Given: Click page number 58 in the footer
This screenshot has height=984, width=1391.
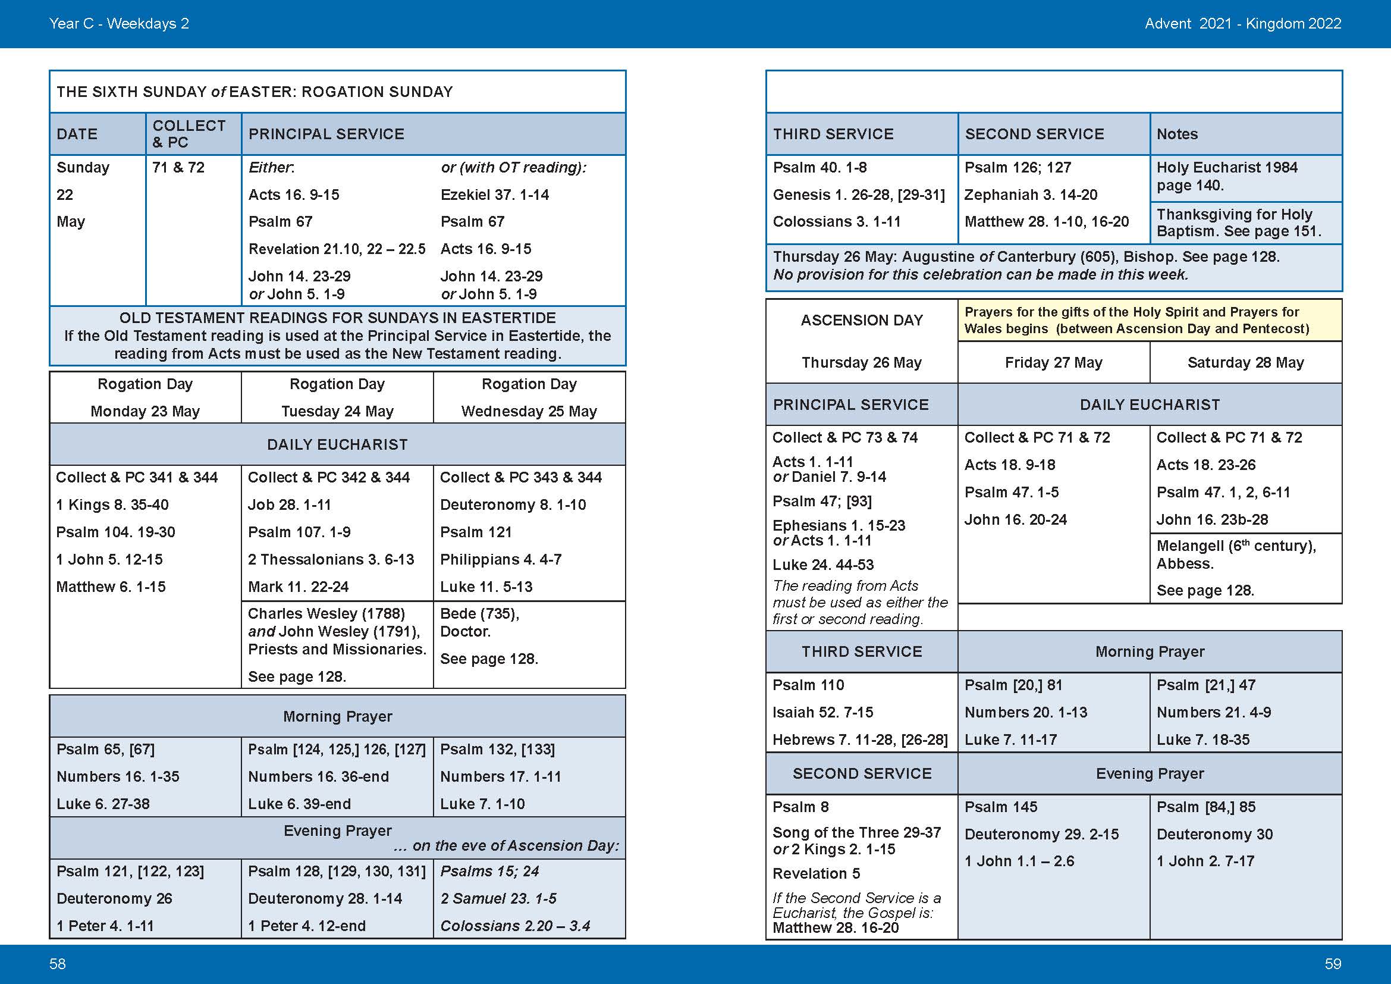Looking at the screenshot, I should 58,963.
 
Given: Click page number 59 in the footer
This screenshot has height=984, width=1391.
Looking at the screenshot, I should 1333,963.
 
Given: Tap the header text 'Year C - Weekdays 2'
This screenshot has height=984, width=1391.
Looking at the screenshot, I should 119,24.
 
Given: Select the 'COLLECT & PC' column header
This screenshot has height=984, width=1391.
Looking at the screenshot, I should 189,134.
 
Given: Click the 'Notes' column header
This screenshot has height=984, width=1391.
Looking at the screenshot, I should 1177,134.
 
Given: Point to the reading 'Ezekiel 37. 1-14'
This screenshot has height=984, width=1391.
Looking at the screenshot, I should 494,195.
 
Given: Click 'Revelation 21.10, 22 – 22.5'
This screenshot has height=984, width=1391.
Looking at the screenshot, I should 337,249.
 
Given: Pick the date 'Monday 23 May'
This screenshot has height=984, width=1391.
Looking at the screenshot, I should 145,412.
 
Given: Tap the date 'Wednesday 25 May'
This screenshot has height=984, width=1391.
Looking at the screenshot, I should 529,412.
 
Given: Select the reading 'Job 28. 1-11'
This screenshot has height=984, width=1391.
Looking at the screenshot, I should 289,504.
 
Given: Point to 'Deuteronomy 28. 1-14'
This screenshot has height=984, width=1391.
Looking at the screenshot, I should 325,898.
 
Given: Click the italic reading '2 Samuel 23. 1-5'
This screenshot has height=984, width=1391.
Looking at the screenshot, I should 498,898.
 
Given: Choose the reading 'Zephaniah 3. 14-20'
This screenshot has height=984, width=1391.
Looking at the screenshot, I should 1031,195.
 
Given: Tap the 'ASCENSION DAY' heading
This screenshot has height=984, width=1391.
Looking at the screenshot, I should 862,320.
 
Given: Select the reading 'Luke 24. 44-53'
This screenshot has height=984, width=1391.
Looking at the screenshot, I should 822,565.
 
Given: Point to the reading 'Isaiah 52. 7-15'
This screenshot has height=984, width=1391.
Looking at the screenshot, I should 822,712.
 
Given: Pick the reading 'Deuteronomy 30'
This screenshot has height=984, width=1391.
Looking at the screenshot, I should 1214,833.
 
